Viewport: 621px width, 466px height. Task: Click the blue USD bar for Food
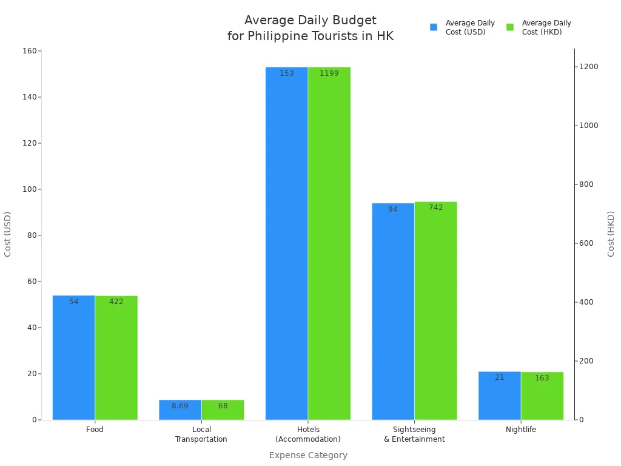tap(73, 358)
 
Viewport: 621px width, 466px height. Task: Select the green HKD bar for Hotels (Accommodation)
tap(329, 243)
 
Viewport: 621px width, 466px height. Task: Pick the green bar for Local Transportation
tap(223, 410)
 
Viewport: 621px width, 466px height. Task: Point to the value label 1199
tap(329, 73)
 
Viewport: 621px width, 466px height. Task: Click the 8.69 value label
tap(180, 406)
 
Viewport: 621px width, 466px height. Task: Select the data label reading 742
tap(435, 208)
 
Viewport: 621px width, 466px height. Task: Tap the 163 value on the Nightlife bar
tap(542, 378)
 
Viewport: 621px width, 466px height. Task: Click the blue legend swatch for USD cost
tap(434, 27)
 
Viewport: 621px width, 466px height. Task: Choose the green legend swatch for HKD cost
tap(510, 27)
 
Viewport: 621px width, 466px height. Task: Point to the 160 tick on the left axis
tap(29, 51)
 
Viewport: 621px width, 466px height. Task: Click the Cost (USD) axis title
tap(8, 234)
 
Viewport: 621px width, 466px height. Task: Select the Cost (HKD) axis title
tap(611, 234)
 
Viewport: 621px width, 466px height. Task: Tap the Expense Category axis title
tap(308, 455)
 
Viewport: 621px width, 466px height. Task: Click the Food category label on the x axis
tap(95, 430)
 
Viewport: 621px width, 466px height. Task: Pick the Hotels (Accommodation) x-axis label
tap(308, 434)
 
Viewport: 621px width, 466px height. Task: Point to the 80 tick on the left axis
tap(31, 235)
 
